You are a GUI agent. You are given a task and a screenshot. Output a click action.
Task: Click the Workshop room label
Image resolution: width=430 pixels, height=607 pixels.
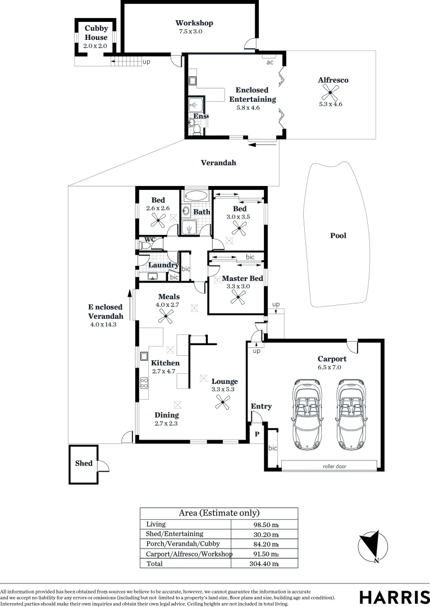click(194, 23)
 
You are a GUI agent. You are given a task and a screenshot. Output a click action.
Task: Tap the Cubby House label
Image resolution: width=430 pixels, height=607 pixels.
click(96, 33)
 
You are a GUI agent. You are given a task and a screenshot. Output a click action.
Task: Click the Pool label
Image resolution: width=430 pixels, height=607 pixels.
click(338, 235)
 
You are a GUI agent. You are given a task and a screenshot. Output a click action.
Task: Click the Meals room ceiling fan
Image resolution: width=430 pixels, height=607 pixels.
click(166, 316)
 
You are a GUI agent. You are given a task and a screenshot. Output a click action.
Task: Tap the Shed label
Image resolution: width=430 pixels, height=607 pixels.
click(84, 463)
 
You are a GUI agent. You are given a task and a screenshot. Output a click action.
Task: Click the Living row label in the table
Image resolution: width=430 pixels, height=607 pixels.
click(155, 524)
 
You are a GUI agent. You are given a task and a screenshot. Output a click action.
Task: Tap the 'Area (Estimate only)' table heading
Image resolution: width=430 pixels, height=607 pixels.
click(219, 513)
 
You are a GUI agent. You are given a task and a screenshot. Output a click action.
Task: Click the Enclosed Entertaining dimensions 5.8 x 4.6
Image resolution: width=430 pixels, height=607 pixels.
click(248, 108)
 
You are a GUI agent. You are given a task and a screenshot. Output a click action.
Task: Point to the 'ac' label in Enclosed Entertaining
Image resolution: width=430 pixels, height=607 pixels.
click(270, 62)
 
